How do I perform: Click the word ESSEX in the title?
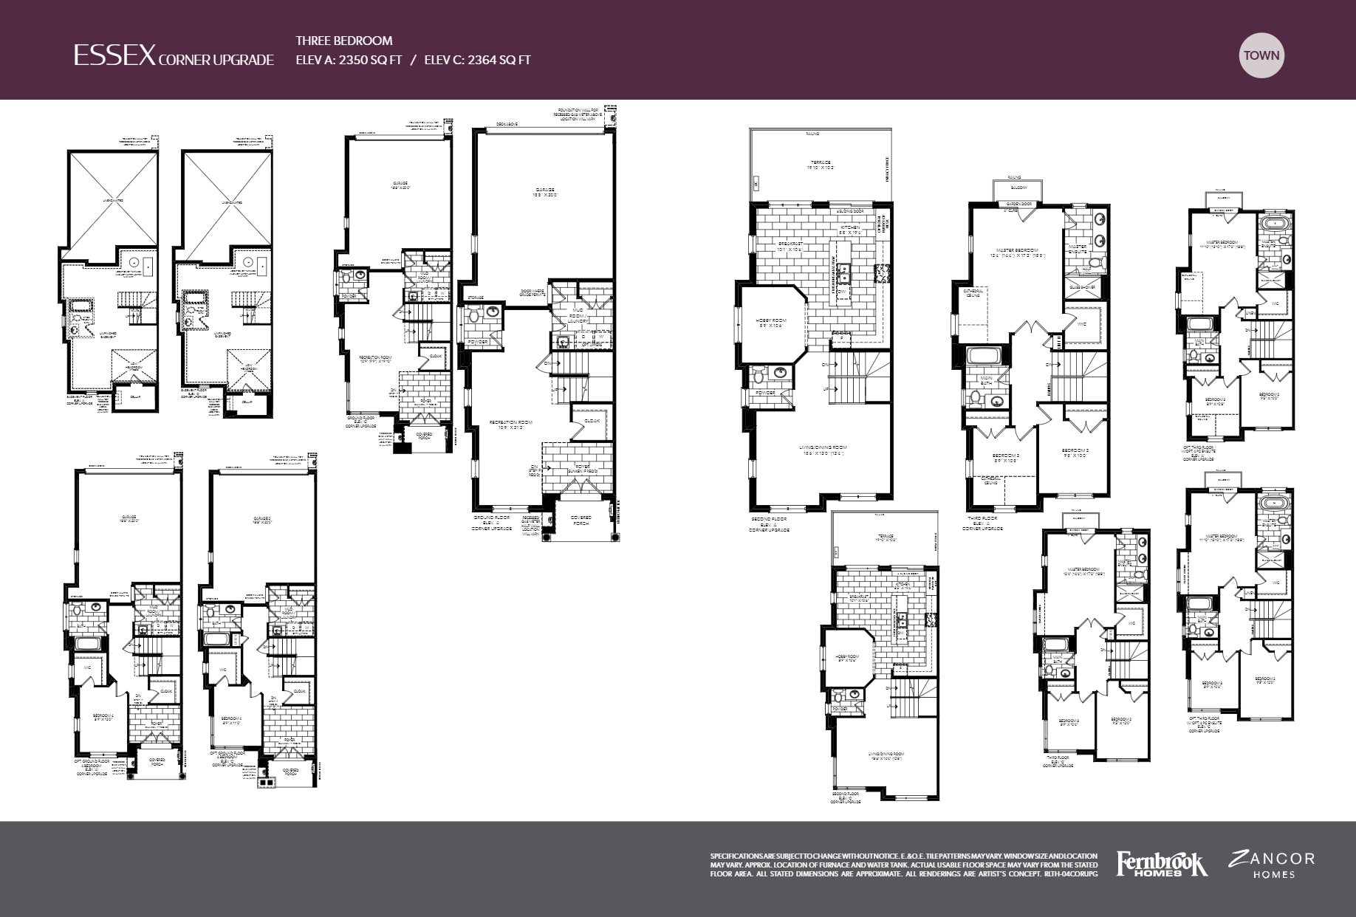[114, 55]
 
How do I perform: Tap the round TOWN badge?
[1261, 55]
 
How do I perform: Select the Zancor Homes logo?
[1271, 864]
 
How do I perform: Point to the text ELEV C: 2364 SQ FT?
[477, 61]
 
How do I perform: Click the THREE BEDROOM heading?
[343, 41]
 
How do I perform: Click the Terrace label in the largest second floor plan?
[820, 165]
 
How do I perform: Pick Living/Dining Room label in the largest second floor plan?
[821, 450]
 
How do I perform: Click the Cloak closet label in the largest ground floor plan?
[592, 422]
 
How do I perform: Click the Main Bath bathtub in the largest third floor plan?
[985, 356]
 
